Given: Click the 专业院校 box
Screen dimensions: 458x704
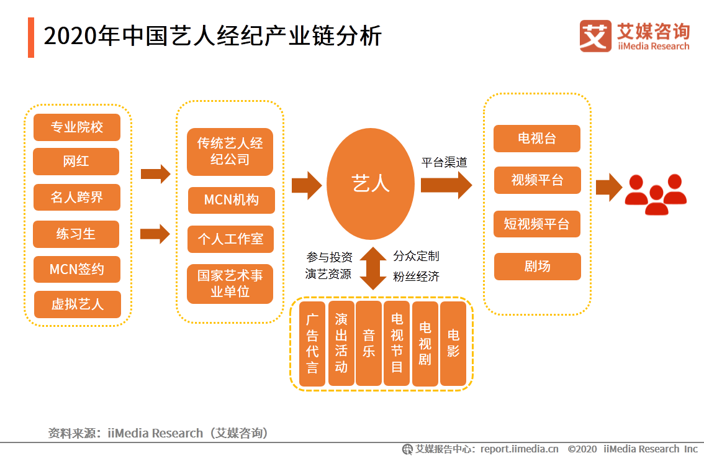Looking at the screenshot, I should point(76,127).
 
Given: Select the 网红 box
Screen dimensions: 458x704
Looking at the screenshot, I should point(76,162).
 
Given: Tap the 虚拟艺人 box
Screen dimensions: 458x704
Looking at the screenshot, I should point(77,305).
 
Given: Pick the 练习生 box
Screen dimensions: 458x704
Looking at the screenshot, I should point(76,234).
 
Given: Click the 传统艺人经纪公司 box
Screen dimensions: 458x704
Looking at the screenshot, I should point(230,152).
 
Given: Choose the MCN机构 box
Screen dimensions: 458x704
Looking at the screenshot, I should point(231,200).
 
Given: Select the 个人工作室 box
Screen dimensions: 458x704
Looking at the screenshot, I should point(230,239).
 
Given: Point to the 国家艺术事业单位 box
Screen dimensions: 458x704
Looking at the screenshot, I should point(230,283).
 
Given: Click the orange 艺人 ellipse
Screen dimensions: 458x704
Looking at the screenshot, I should point(370,184).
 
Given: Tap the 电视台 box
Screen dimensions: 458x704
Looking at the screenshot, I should point(536,139).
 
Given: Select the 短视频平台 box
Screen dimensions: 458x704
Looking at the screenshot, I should point(536,224).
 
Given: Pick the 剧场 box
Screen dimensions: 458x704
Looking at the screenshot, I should point(537,267).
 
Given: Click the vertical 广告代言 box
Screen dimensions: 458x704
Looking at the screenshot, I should point(312,344).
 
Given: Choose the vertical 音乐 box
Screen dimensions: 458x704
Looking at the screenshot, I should point(369,344).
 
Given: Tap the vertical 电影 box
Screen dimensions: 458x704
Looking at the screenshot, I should point(453,344).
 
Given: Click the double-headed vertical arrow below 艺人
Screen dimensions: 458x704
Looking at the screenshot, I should point(373,268).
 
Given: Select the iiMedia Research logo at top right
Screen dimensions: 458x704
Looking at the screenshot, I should point(634,36).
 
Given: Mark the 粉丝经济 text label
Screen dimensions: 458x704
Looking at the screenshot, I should point(416,277).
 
